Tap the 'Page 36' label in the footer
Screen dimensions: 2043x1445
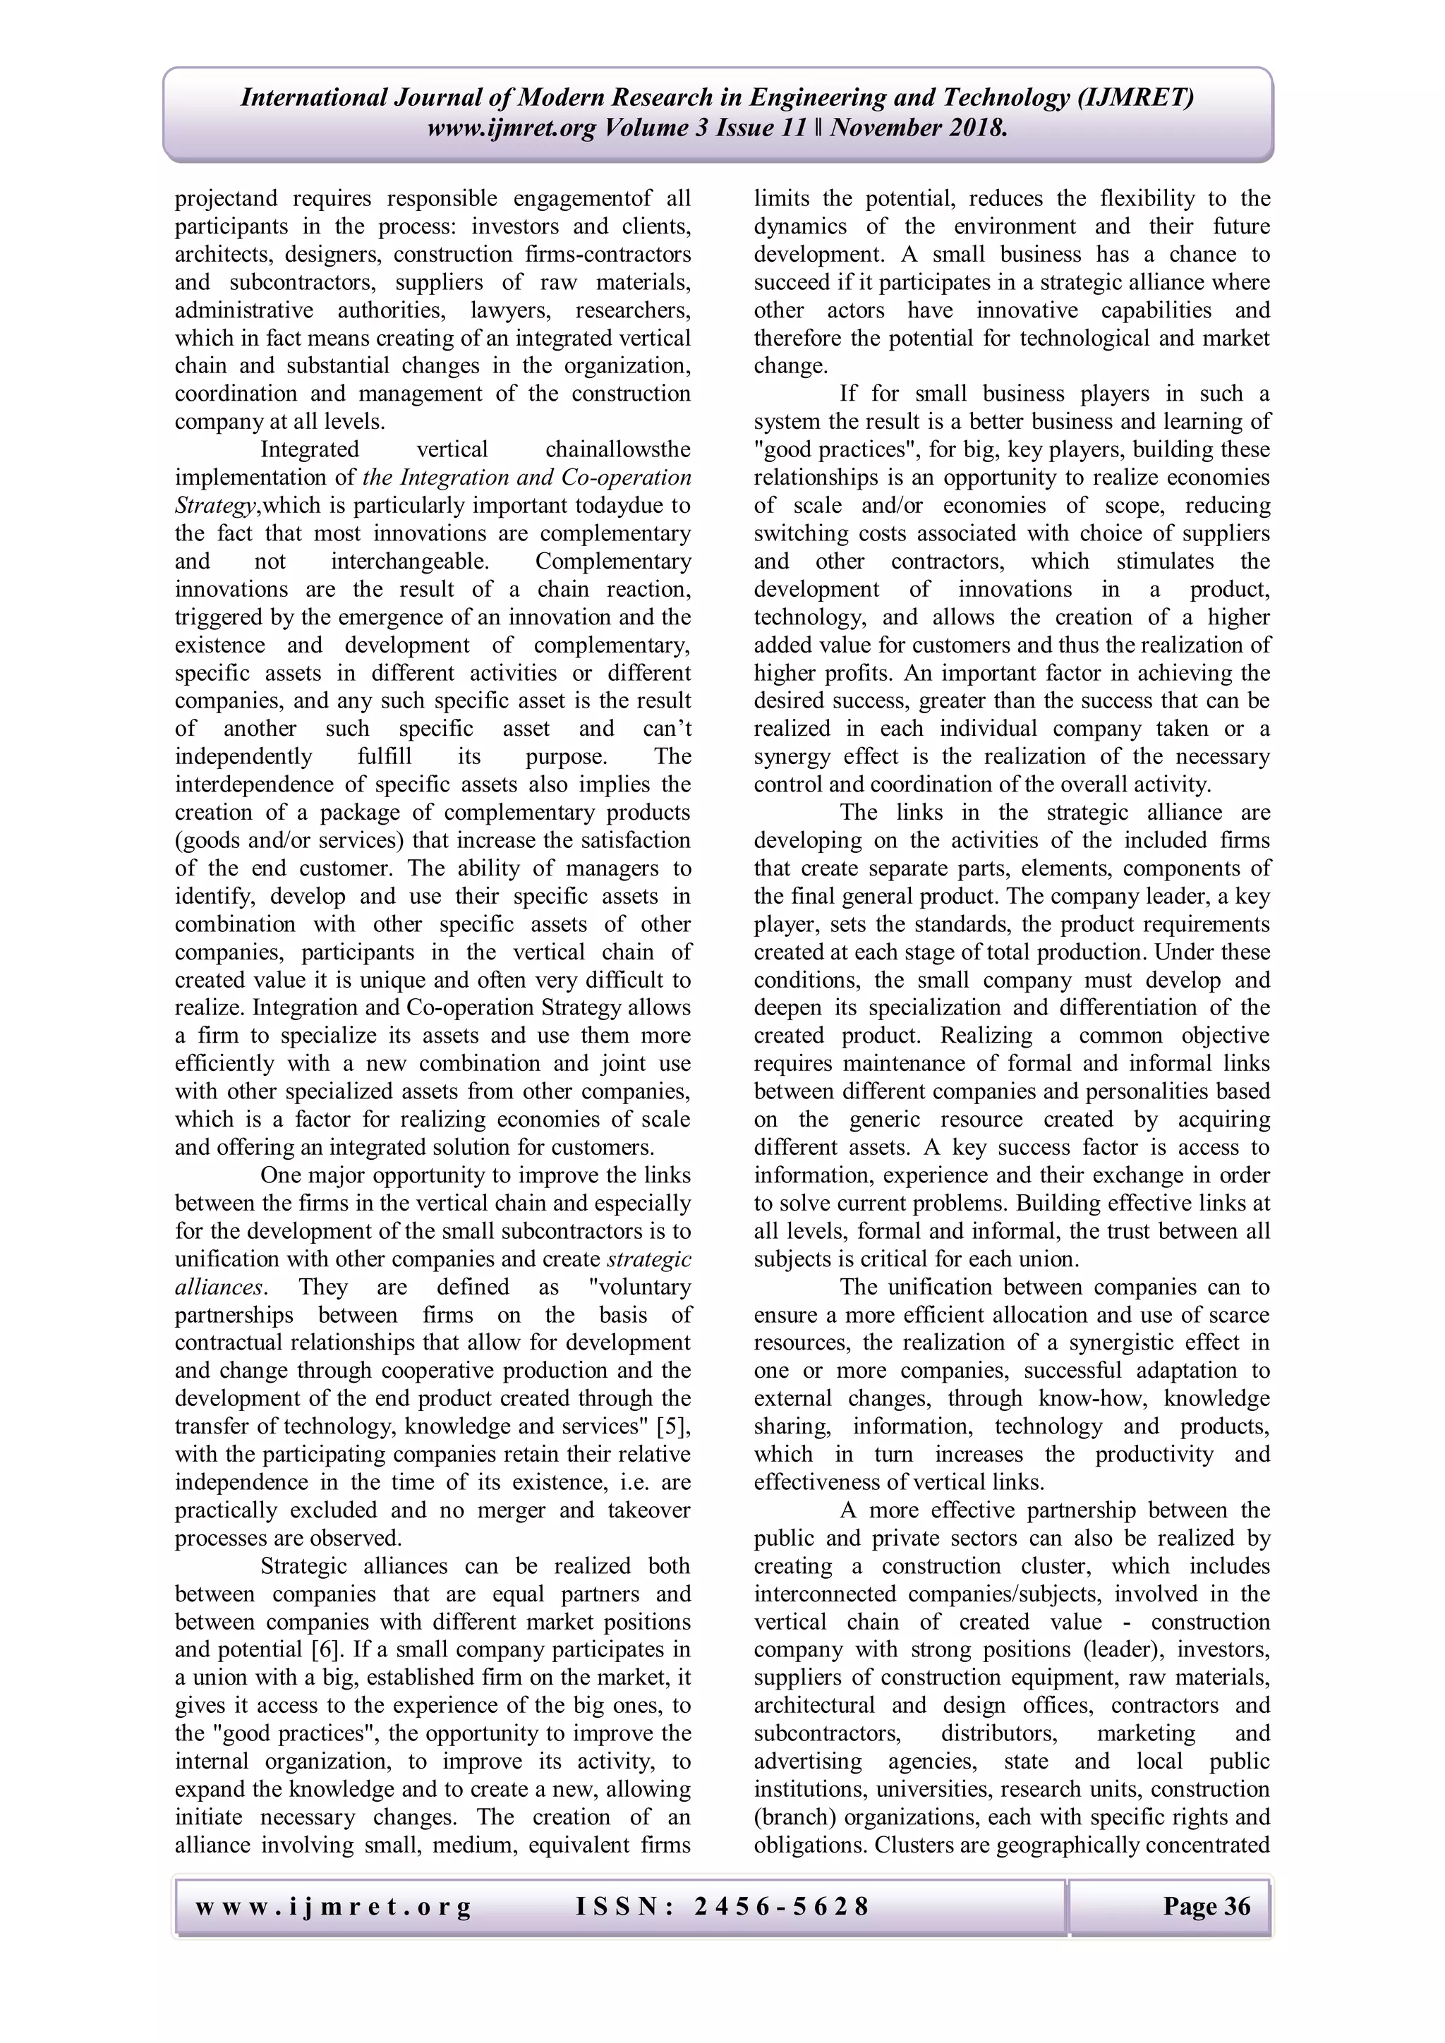tap(1206, 1906)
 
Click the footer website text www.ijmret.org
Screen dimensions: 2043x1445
tap(333, 1906)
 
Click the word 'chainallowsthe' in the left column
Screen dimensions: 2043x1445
tap(617, 449)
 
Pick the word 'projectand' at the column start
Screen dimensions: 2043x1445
tap(226, 198)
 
